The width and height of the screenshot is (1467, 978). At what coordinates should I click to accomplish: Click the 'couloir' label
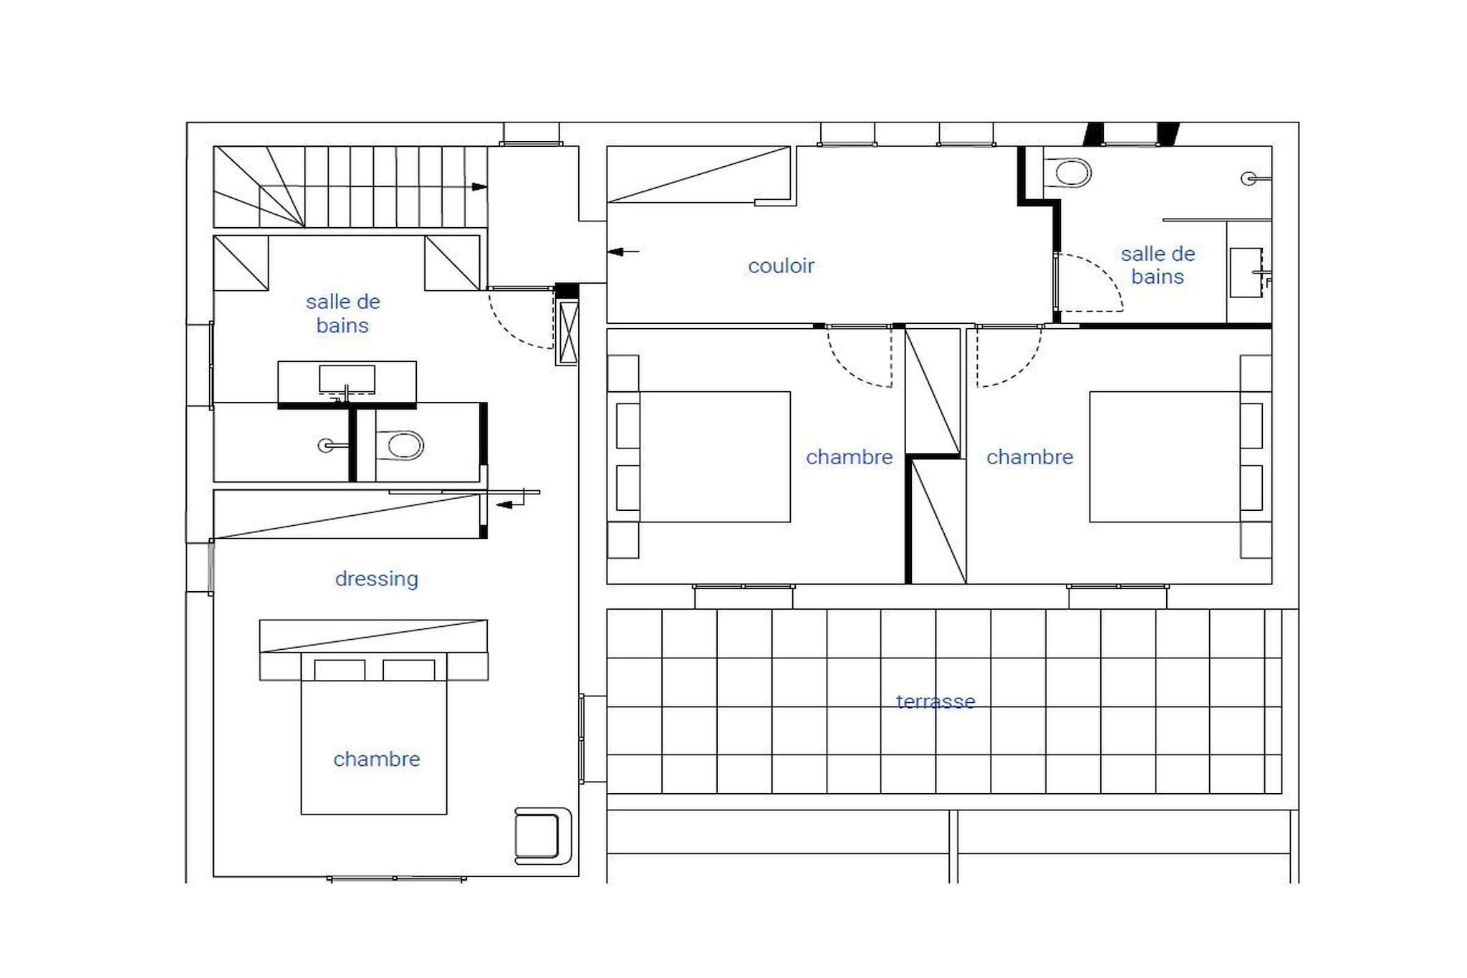point(781,266)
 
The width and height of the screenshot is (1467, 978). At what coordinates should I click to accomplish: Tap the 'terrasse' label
point(935,701)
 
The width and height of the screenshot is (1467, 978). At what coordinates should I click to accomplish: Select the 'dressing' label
point(377,579)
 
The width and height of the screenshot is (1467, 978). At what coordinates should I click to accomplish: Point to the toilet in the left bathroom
point(400,445)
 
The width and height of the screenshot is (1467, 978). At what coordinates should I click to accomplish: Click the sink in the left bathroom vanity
point(347,380)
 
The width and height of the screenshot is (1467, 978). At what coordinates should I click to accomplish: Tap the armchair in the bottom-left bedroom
point(543,835)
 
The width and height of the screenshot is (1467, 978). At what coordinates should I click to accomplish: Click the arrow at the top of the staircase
point(479,187)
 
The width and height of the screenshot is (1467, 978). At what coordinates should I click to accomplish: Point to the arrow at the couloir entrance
point(623,251)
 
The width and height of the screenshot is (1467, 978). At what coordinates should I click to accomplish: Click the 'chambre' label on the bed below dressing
point(377,759)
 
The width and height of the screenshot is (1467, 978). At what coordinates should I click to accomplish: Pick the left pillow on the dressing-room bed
point(340,670)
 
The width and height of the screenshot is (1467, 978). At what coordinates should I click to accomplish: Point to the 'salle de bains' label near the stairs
point(342,314)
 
